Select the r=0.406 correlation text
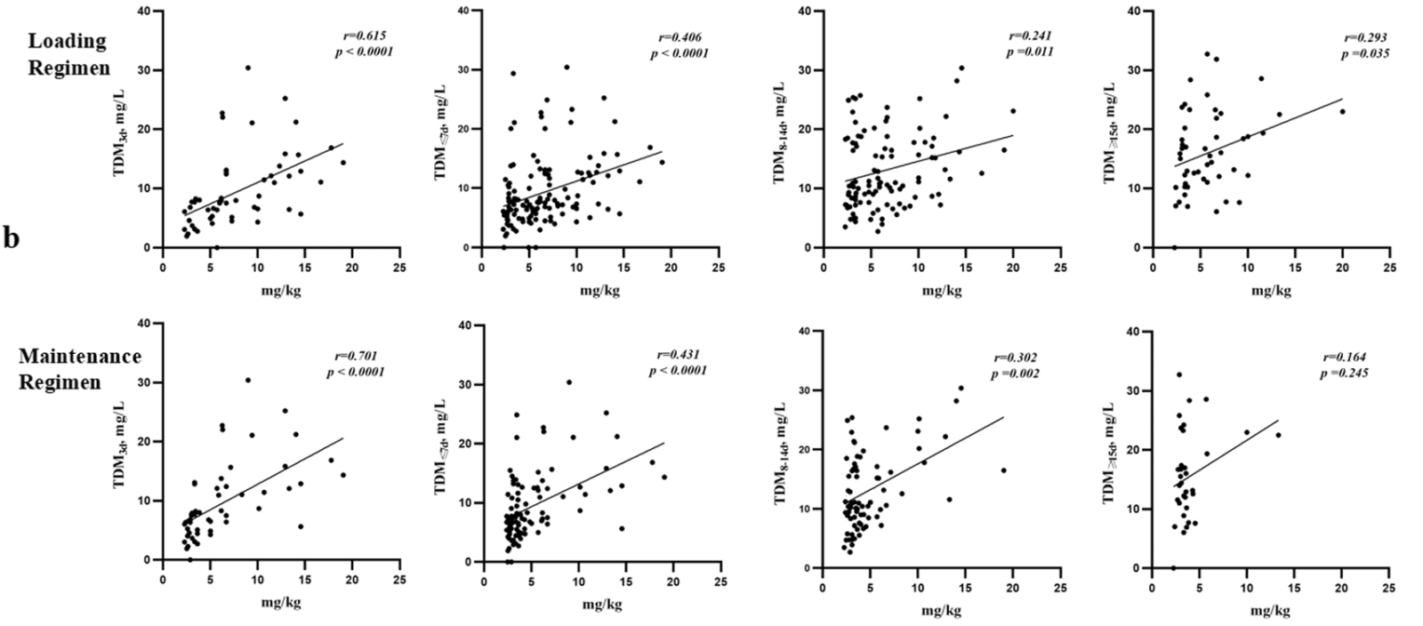click(679, 38)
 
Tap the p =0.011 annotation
click(1029, 52)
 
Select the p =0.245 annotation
click(1344, 373)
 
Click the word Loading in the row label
click(67, 41)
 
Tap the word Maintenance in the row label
click(80, 357)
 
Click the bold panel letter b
click(12, 238)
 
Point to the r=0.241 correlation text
click(1030, 36)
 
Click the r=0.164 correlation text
click(1345, 357)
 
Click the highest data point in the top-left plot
click(248, 68)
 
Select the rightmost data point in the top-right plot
click(1342, 111)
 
